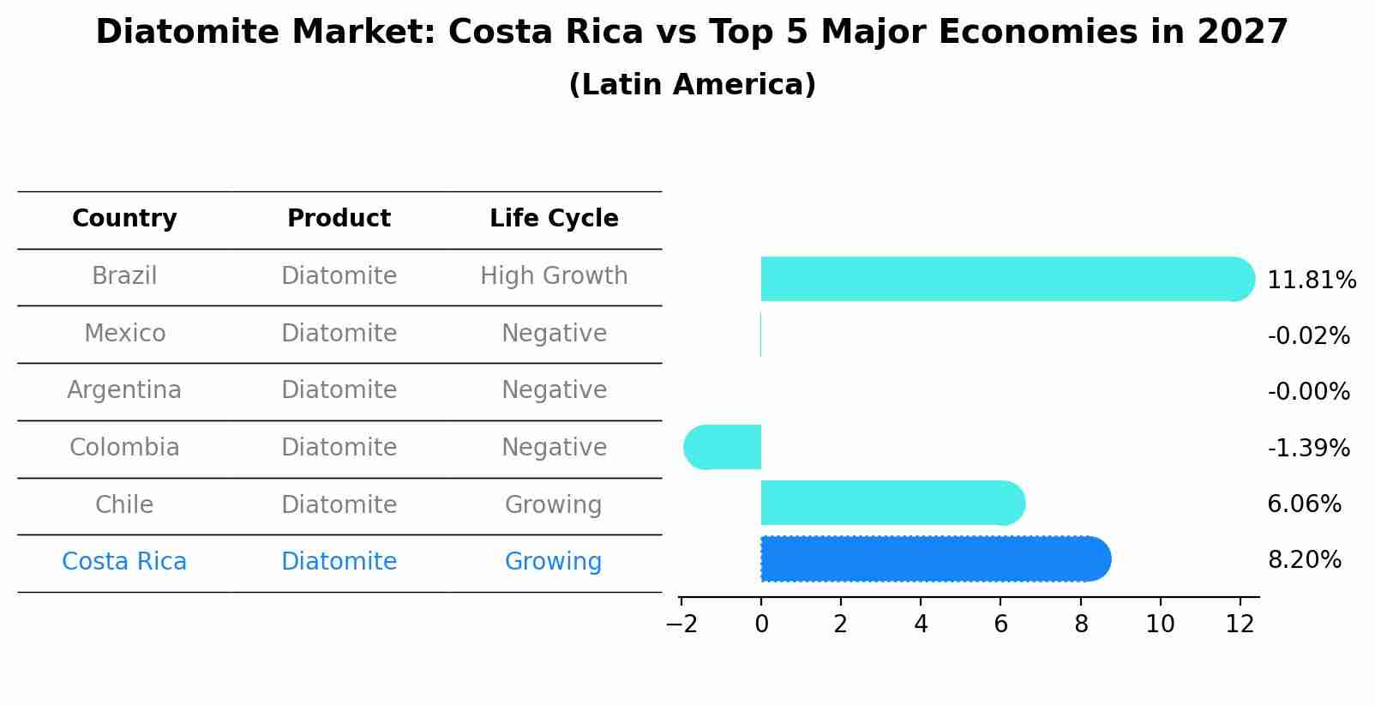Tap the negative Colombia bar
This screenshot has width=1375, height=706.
click(x=722, y=447)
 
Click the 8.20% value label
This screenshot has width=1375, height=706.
click(x=1304, y=560)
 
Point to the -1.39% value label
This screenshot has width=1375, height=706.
click(x=1308, y=448)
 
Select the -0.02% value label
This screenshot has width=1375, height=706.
click(x=1308, y=335)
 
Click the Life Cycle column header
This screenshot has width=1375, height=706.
click(x=554, y=219)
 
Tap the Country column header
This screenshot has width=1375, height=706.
click(x=124, y=219)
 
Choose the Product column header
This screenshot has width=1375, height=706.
click(x=339, y=219)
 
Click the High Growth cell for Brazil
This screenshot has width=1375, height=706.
click(x=554, y=276)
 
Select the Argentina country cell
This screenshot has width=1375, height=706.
click(x=124, y=390)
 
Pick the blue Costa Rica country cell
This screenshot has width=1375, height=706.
click(x=124, y=562)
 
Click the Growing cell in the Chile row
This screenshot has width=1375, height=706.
click(x=554, y=504)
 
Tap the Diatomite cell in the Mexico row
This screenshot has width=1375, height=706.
click(x=339, y=333)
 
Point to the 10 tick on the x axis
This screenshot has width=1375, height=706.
click(x=1160, y=624)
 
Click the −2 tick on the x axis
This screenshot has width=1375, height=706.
click(x=681, y=624)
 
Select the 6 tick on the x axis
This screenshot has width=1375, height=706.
click(x=1000, y=624)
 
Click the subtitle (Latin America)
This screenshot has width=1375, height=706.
click(x=692, y=85)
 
